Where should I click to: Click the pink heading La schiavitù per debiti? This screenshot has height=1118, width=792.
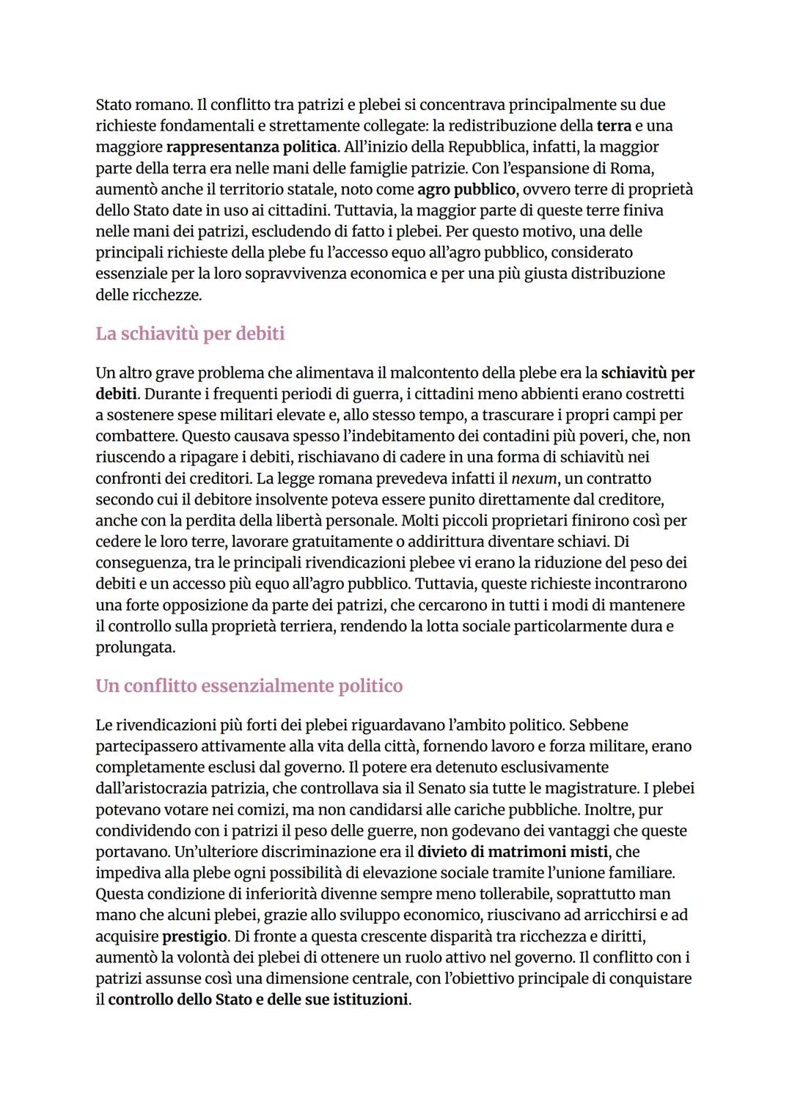coord(190,334)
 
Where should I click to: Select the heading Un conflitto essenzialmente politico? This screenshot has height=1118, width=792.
coord(249,686)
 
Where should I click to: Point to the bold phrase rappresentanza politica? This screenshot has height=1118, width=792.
coord(252,147)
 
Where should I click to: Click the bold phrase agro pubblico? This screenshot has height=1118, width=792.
coord(466,189)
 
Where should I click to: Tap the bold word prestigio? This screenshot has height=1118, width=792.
coord(194,936)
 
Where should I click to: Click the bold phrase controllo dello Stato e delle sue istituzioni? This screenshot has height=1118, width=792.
coord(257,1000)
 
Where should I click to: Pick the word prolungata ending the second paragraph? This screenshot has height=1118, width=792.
coord(135,648)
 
